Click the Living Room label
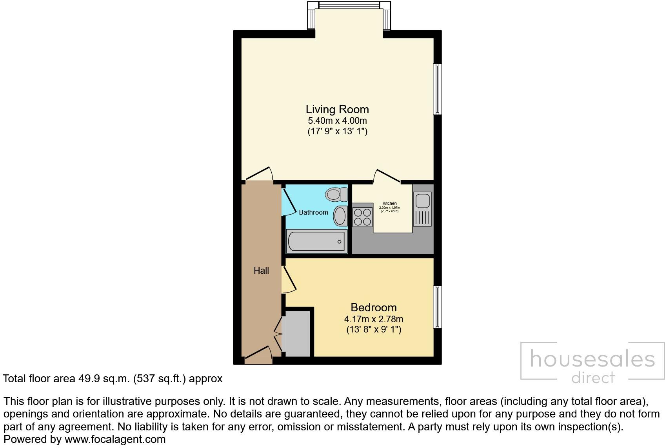click(x=337, y=109)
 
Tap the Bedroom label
click(x=373, y=307)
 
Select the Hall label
click(x=261, y=271)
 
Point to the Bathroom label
click(x=313, y=212)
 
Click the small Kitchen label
click(x=389, y=203)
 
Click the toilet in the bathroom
click(x=336, y=194)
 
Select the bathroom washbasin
click(x=340, y=216)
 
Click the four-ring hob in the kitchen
click(x=362, y=217)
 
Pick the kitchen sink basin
click(x=422, y=201)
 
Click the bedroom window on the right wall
click(x=437, y=307)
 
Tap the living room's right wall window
click(x=437, y=89)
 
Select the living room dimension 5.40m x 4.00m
click(x=337, y=121)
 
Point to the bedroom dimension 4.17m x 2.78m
click(x=373, y=319)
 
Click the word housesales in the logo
click(x=592, y=359)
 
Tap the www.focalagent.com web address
click(x=115, y=439)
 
